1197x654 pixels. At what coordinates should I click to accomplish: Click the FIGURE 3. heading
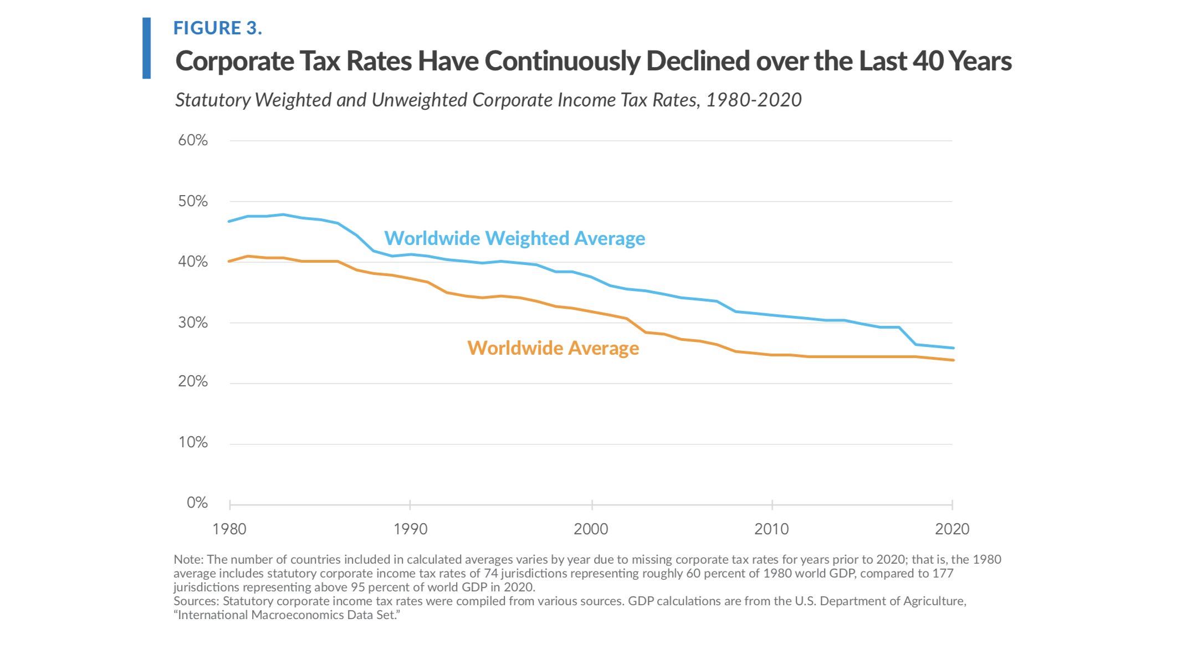tap(217, 28)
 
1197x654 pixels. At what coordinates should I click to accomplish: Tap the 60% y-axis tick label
tap(193, 140)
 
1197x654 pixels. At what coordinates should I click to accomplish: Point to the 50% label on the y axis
tap(193, 201)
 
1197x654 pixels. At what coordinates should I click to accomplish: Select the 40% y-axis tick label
tap(193, 262)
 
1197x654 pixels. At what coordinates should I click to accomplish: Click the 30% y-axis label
tap(193, 323)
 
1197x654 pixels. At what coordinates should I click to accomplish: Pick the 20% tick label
tap(193, 381)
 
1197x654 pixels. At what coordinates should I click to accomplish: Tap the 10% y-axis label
tap(193, 442)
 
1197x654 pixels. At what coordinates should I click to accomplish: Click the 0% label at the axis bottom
tap(197, 503)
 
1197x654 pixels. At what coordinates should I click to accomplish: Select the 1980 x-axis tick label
tap(229, 529)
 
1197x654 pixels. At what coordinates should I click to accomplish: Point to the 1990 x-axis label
tap(410, 529)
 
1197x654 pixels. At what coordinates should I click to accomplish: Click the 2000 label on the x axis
tap(591, 529)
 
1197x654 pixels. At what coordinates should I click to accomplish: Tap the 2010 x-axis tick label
tap(771, 529)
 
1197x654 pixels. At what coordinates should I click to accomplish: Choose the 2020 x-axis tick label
tap(952, 529)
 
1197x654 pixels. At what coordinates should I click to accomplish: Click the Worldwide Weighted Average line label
tap(514, 238)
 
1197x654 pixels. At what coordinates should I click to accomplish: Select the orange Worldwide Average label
tap(553, 348)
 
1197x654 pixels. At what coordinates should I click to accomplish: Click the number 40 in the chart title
tap(928, 61)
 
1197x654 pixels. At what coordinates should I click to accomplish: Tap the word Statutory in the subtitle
tap(213, 100)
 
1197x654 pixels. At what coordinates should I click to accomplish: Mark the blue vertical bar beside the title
tap(146, 48)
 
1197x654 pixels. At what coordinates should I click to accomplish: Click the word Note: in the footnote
tap(188, 559)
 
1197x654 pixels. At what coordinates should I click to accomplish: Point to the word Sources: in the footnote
tap(196, 601)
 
